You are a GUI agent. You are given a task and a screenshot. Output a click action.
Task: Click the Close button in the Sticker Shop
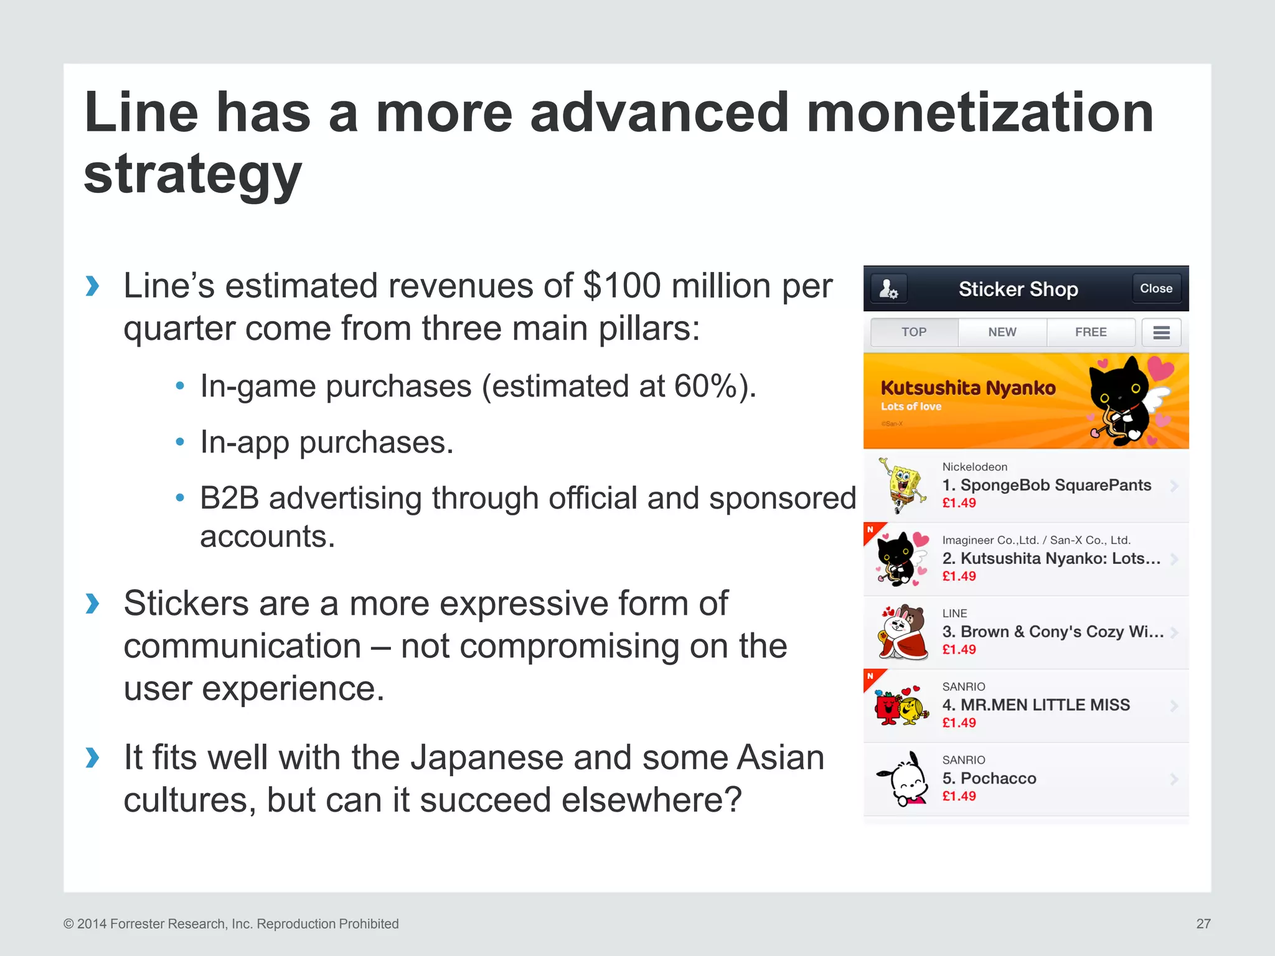point(1155,289)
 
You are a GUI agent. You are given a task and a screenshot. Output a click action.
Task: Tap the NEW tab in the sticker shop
point(1002,332)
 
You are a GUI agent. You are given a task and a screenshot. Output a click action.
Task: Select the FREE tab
point(1091,332)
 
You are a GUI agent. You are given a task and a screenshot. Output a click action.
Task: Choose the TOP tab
point(914,332)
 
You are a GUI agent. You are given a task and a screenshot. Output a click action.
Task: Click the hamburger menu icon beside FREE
point(1161,332)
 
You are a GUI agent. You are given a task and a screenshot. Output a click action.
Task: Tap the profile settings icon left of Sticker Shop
point(888,289)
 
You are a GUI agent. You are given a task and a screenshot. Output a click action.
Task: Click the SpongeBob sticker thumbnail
point(901,485)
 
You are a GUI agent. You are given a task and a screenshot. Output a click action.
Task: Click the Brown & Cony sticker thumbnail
point(901,632)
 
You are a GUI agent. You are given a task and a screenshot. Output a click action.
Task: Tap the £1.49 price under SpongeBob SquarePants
point(959,503)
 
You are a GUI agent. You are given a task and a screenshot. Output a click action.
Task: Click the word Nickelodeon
point(974,467)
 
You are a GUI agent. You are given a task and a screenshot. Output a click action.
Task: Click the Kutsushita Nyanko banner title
point(968,388)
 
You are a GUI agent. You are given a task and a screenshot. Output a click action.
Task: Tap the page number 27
point(1203,924)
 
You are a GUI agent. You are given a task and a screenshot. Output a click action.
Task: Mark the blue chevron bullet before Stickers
point(92,603)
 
